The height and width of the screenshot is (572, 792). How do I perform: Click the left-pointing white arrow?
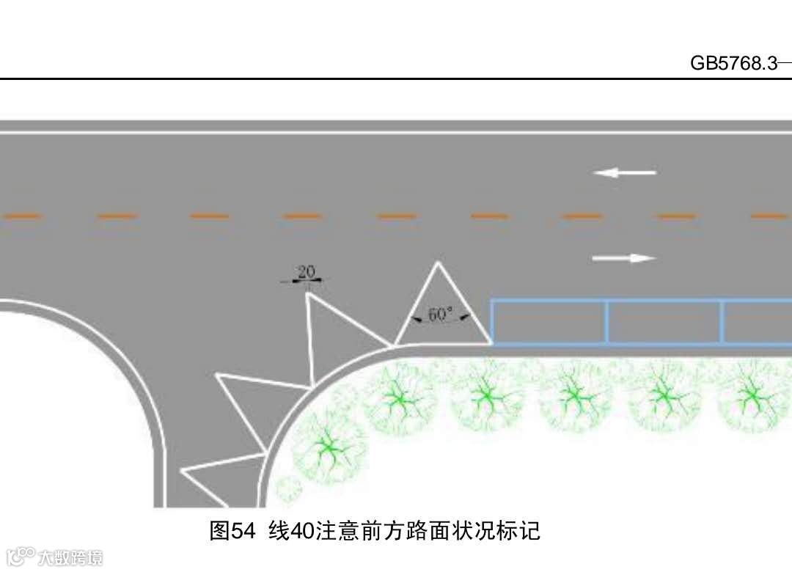(x=624, y=173)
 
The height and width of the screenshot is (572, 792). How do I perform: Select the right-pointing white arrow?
(x=623, y=258)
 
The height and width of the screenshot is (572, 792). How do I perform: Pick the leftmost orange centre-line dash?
(x=22, y=216)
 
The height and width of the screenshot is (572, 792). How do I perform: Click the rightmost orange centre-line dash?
(x=770, y=216)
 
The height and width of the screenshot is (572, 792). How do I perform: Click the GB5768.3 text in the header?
(x=733, y=63)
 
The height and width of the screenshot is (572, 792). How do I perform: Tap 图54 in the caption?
(x=231, y=530)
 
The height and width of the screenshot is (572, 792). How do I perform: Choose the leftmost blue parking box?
(x=549, y=322)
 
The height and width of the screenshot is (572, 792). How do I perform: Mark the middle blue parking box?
(x=664, y=322)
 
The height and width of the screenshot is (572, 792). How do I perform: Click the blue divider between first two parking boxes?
(x=607, y=322)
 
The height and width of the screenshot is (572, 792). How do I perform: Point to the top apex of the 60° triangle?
(x=439, y=263)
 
